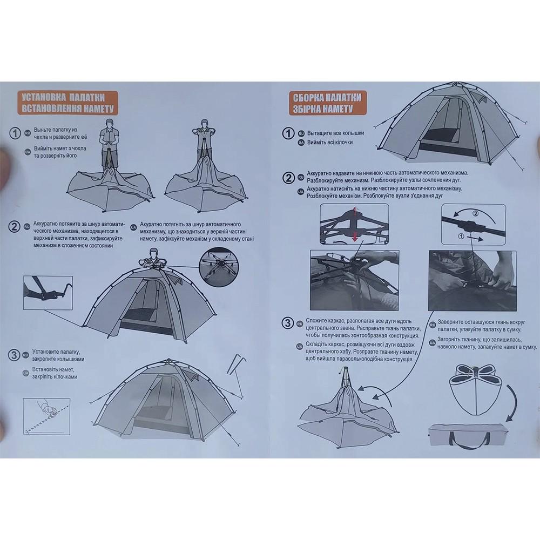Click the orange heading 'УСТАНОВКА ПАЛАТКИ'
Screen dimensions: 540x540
pos(63,97)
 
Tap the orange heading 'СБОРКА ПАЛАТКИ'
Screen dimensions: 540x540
pos(327,97)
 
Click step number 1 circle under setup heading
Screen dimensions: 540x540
pos(15,133)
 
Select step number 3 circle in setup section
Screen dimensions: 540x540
pos(14,355)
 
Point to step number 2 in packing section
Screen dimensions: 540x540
pos(288,178)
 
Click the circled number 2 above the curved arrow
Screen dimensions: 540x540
pos(475,213)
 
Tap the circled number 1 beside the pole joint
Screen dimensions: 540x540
pos(461,236)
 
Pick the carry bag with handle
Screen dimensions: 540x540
pos(468,436)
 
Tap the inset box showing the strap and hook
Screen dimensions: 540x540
pos(48,292)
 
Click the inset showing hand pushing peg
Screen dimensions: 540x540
pos(46,416)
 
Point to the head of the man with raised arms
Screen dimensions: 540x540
pos(205,123)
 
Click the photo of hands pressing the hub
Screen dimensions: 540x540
pos(354,280)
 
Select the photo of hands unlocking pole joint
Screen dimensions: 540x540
pos(472,281)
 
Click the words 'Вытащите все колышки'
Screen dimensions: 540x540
pos(335,133)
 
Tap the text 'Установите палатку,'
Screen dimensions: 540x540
pos(56,352)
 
